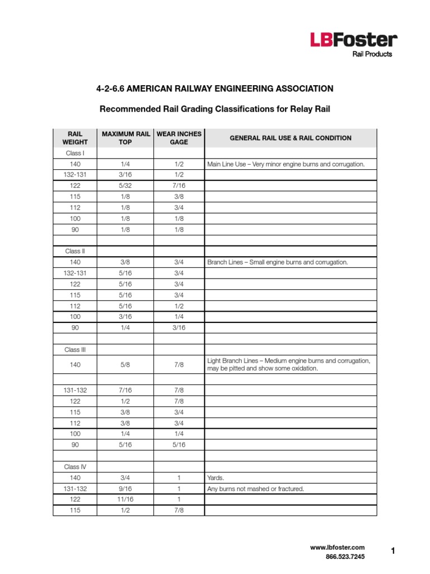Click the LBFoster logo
point(354,40)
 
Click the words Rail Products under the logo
point(372,54)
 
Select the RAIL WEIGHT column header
point(74,138)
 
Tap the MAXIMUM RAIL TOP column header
point(125,138)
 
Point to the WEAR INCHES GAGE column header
point(179,138)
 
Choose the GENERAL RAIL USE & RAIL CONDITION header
point(291,138)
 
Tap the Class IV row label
point(74,466)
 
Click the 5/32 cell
point(125,186)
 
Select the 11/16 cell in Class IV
point(125,499)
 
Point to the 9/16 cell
point(125,488)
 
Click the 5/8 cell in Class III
point(125,364)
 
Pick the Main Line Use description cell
point(286,164)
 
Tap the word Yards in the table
point(215,478)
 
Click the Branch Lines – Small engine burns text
point(278,262)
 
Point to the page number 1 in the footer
point(393,552)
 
